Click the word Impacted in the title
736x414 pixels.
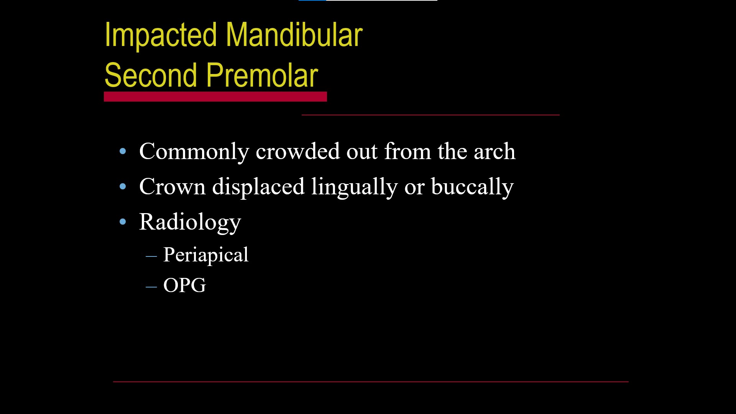tap(161, 36)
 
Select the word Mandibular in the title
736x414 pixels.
tap(294, 34)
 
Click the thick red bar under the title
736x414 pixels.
tap(215, 97)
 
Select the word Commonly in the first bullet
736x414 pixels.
tap(194, 152)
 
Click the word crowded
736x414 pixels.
tap(298, 151)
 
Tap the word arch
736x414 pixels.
tap(495, 151)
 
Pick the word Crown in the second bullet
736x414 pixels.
tap(172, 187)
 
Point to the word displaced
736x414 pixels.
tap(258, 187)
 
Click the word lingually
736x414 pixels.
tap(355, 187)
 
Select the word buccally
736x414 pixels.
tap(472, 187)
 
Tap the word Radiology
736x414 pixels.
tap(190, 222)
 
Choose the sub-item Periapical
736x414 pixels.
tap(206, 255)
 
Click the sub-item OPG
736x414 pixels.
tap(184, 286)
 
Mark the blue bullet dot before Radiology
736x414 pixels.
tap(123, 222)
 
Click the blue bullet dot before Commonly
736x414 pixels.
tap(123, 151)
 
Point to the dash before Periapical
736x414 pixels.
tap(151, 256)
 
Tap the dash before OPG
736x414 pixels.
tap(151, 286)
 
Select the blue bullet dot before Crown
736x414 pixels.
tap(123, 187)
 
